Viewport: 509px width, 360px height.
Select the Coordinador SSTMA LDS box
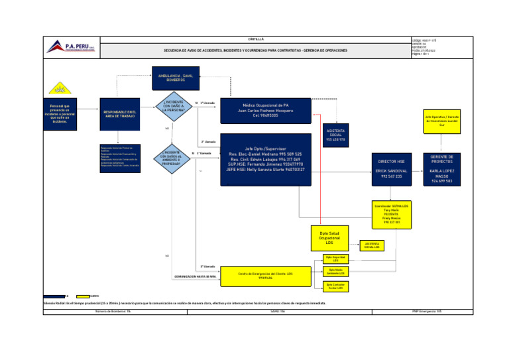(390, 213)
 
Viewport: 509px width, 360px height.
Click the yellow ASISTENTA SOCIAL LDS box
(370, 245)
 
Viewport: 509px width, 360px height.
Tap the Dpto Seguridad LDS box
(336, 259)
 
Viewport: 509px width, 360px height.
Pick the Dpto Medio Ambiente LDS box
(336, 272)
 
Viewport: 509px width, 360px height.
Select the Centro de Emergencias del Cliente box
(265, 274)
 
